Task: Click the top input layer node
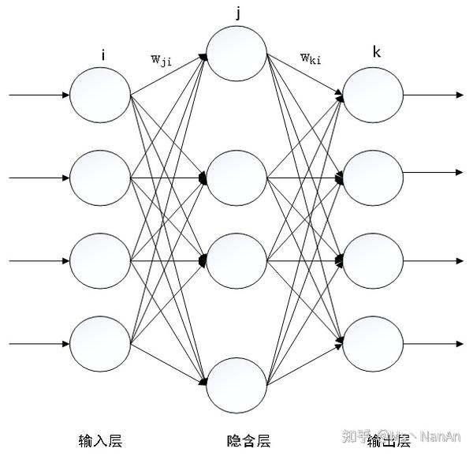tap(100, 95)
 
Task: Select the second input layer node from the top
tap(100, 178)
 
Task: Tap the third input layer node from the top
tap(100, 260)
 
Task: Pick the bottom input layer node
tap(100, 342)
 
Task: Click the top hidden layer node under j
tap(237, 54)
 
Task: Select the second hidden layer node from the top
tap(237, 178)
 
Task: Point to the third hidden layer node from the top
tap(237, 260)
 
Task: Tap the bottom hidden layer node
tap(237, 383)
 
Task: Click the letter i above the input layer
tap(102, 56)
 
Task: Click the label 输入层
tap(101, 439)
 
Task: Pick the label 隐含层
tap(237, 439)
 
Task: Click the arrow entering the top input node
tap(39, 95)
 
